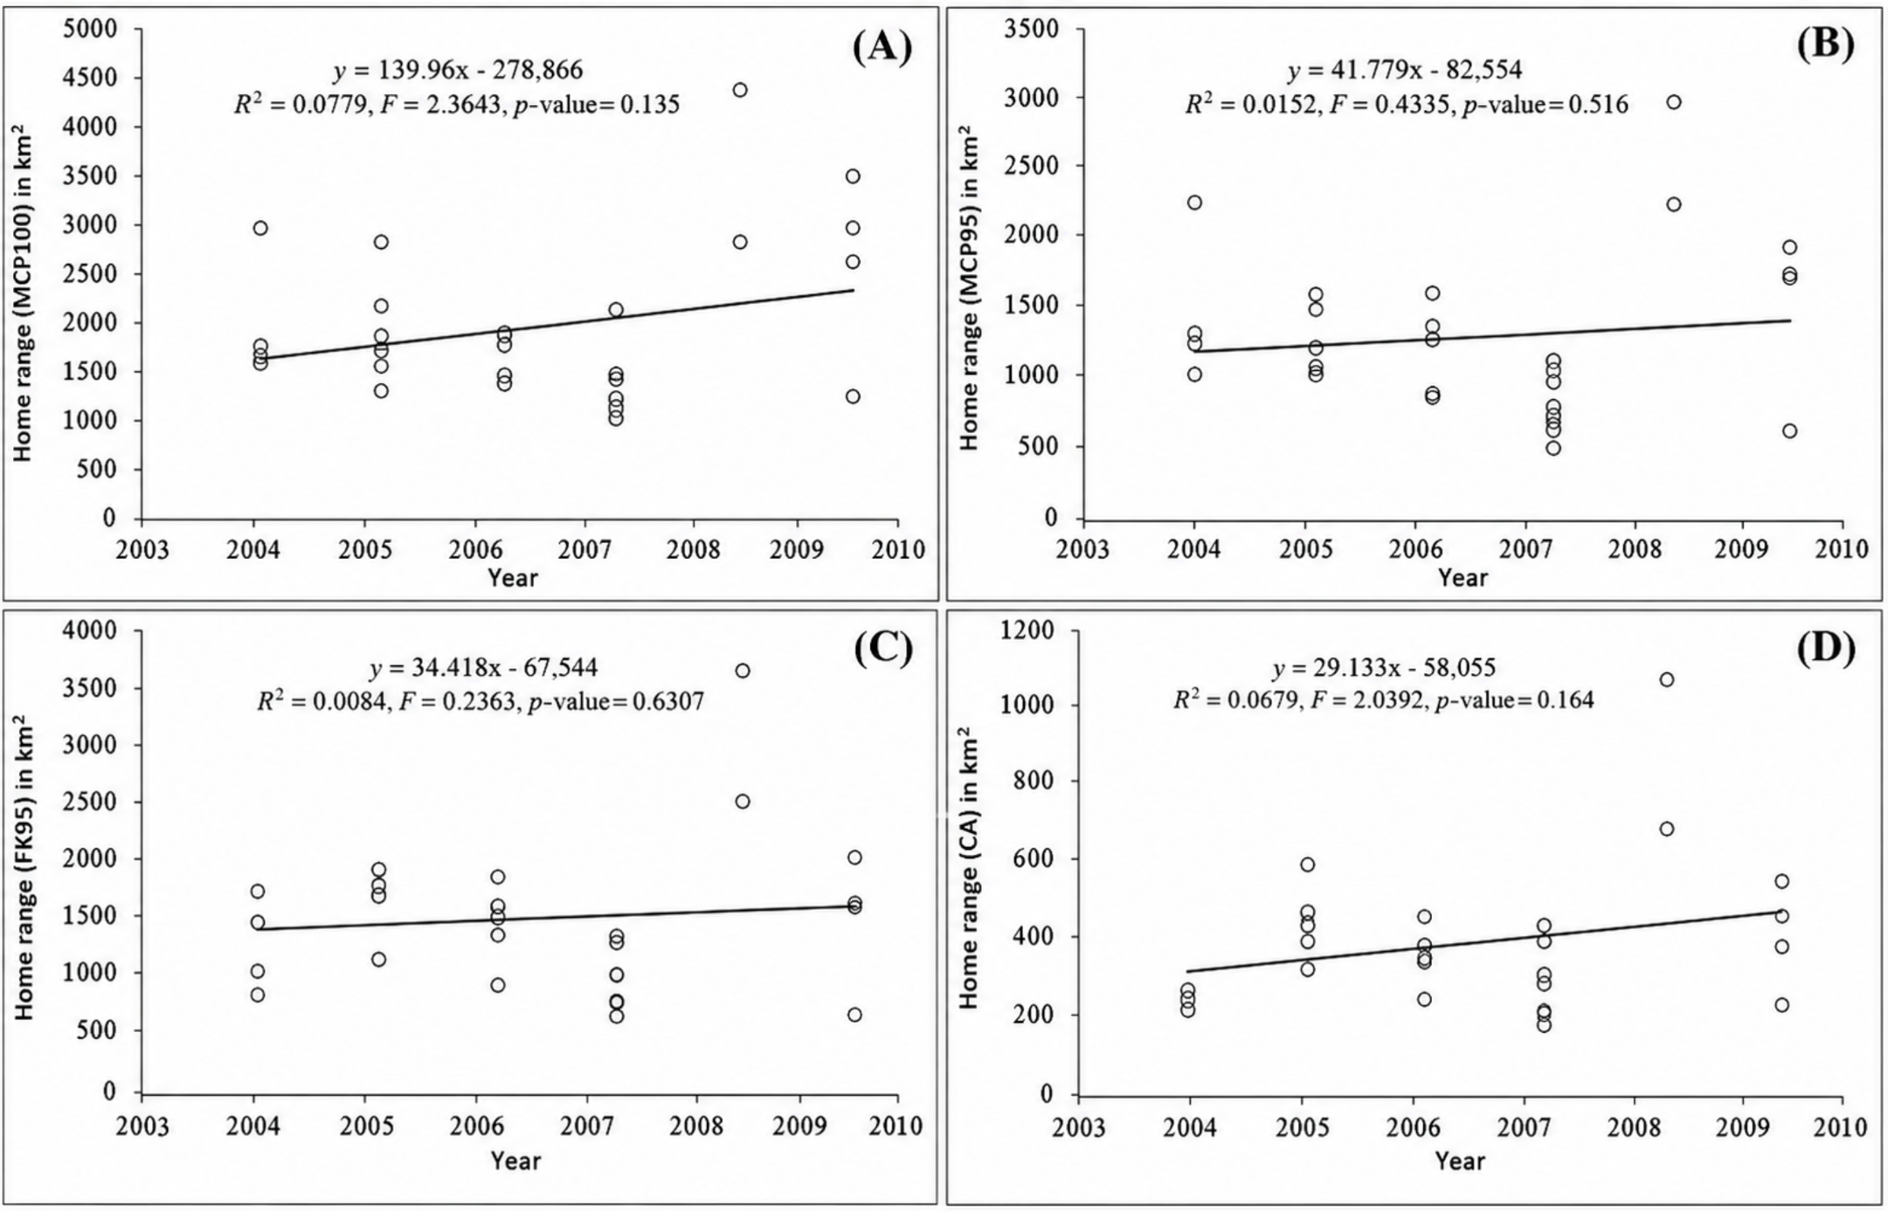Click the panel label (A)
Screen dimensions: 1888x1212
coord(882,46)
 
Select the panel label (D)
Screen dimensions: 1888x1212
coord(1825,648)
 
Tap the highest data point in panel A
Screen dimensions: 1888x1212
coord(740,90)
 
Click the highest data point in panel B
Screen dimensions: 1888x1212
coord(1674,102)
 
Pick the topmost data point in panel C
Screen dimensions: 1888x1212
coord(743,671)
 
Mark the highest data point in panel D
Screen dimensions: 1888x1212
coord(1667,679)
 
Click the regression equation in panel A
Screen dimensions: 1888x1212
coord(458,70)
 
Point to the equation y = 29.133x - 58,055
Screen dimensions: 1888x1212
coord(1384,668)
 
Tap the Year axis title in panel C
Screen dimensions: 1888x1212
coord(515,1160)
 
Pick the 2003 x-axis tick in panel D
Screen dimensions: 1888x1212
coord(1079,1126)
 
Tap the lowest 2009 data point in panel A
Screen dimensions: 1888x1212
coord(853,396)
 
